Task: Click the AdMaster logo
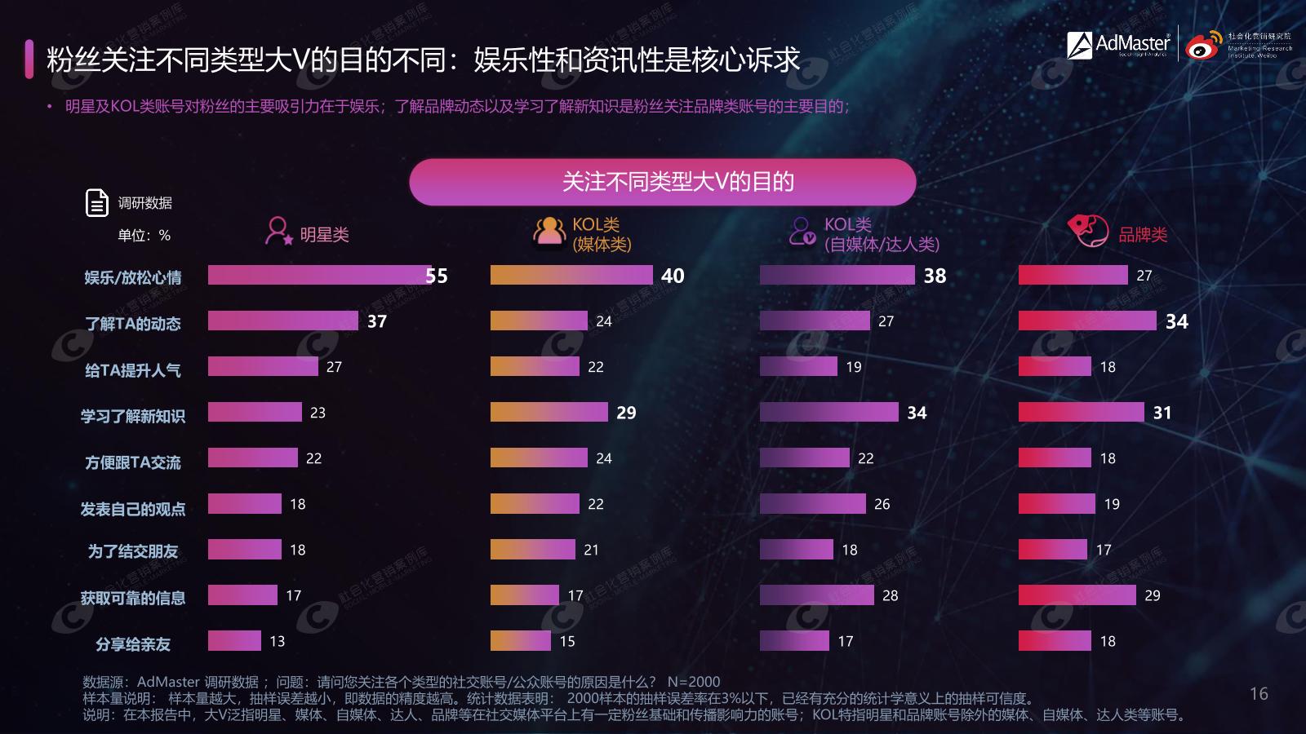pyautogui.click(x=1118, y=44)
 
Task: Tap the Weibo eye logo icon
pyautogui.click(x=1204, y=46)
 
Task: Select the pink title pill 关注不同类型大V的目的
pyautogui.click(x=662, y=182)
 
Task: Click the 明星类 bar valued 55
pyautogui.click(x=319, y=275)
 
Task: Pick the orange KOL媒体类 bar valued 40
pyautogui.click(x=571, y=275)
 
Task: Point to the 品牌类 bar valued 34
pyautogui.click(x=1087, y=321)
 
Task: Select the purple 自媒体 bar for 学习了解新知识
pyautogui.click(x=828, y=412)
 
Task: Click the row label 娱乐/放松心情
pyautogui.click(x=133, y=277)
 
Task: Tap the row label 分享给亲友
pyautogui.click(x=133, y=644)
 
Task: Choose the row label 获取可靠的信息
pyautogui.click(x=133, y=598)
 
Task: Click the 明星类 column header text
pyautogui.click(x=324, y=235)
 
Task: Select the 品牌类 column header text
pyautogui.click(x=1143, y=235)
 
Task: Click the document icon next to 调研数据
pyautogui.click(x=97, y=202)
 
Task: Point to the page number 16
pyautogui.click(x=1259, y=694)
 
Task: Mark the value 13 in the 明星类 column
pyautogui.click(x=278, y=641)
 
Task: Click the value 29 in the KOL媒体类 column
pyautogui.click(x=626, y=413)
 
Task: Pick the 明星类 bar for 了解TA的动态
pyautogui.click(x=282, y=321)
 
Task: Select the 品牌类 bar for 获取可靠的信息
pyautogui.click(x=1077, y=595)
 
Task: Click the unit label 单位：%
pyautogui.click(x=144, y=236)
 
